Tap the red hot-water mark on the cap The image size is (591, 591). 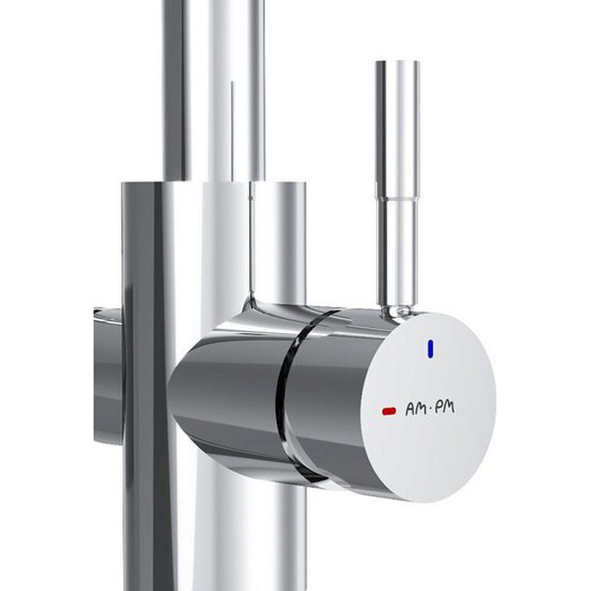tap(389, 411)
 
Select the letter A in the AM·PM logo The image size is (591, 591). tap(410, 410)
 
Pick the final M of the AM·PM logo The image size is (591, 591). tap(449, 407)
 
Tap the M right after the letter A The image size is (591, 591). tap(422, 409)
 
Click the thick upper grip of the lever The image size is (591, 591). tap(398, 129)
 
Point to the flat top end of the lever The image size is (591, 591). tap(398, 62)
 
